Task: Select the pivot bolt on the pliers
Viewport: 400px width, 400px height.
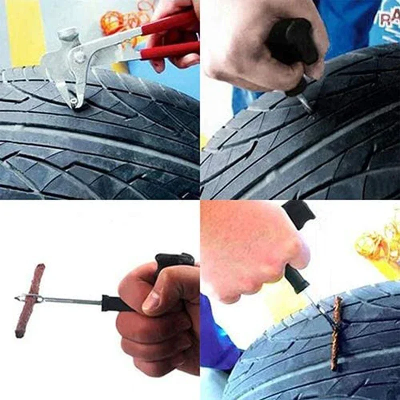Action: [79, 56]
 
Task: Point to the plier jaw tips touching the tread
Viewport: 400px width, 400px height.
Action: [74, 101]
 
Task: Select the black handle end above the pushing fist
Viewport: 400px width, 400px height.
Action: [299, 213]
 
